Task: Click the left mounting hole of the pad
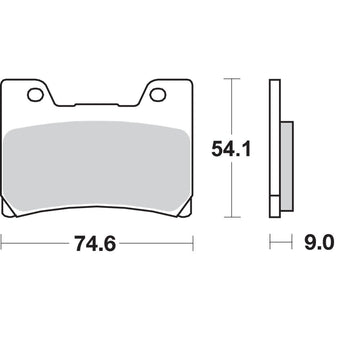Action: (x=38, y=97)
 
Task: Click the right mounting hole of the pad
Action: (x=161, y=97)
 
